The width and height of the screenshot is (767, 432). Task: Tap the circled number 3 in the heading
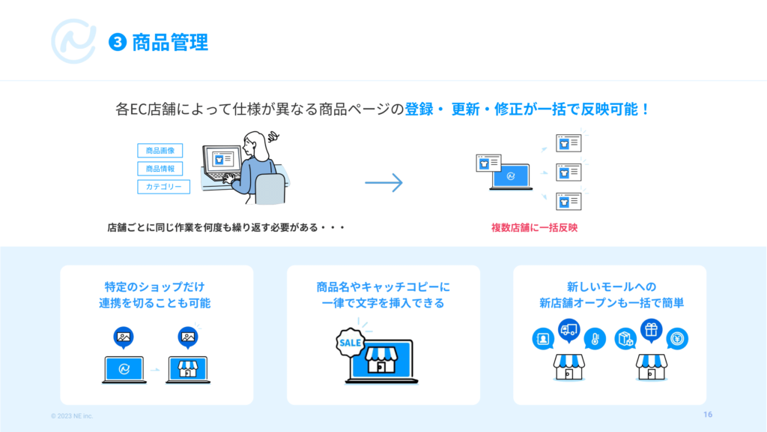pos(118,42)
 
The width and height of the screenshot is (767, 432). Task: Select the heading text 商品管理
pos(170,42)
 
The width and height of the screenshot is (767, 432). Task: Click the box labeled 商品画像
pos(160,150)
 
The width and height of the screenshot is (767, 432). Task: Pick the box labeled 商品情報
pos(160,169)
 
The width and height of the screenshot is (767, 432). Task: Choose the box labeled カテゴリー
pos(163,187)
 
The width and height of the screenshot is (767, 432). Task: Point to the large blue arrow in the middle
pos(384,183)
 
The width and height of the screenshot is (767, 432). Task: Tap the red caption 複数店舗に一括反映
pos(534,227)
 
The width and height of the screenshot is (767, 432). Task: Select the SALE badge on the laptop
pos(351,342)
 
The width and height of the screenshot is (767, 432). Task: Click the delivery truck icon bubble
pos(569,330)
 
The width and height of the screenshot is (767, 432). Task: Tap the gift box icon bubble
pos(651,330)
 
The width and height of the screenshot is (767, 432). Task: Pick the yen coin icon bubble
pos(677,338)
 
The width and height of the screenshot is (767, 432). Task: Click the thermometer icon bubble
pos(595,338)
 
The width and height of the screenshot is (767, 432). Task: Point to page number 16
pos(708,414)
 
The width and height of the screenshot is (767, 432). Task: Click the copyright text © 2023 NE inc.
pos(72,415)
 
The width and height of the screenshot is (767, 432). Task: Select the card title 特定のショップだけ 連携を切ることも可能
pos(154,295)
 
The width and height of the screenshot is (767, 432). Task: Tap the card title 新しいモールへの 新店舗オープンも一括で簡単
pos(611,295)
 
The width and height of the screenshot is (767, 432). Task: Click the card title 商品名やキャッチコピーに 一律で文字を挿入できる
pos(383,295)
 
